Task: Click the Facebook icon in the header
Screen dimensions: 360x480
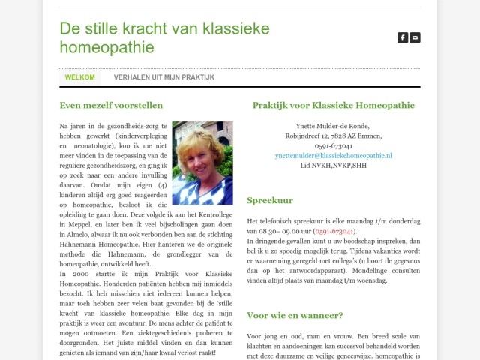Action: pyautogui.click(x=403, y=37)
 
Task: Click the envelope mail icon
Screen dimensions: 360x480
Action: pyautogui.click(x=415, y=37)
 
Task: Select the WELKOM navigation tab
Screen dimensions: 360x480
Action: pyautogui.click(x=80, y=77)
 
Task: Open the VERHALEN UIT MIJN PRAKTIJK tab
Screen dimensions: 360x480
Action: pyautogui.click(x=164, y=77)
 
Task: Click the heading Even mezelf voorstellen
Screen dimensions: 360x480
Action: pyautogui.click(x=111, y=106)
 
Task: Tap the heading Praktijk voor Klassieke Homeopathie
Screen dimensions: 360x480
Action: pyautogui.click(x=333, y=106)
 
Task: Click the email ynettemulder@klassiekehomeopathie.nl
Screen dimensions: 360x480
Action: pyautogui.click(x=333, y=155)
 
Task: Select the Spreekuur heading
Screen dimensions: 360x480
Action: pyautogui.click(x=270, y=201)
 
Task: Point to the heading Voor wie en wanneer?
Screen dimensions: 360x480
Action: pyautogui.click(x=295, y=316)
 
